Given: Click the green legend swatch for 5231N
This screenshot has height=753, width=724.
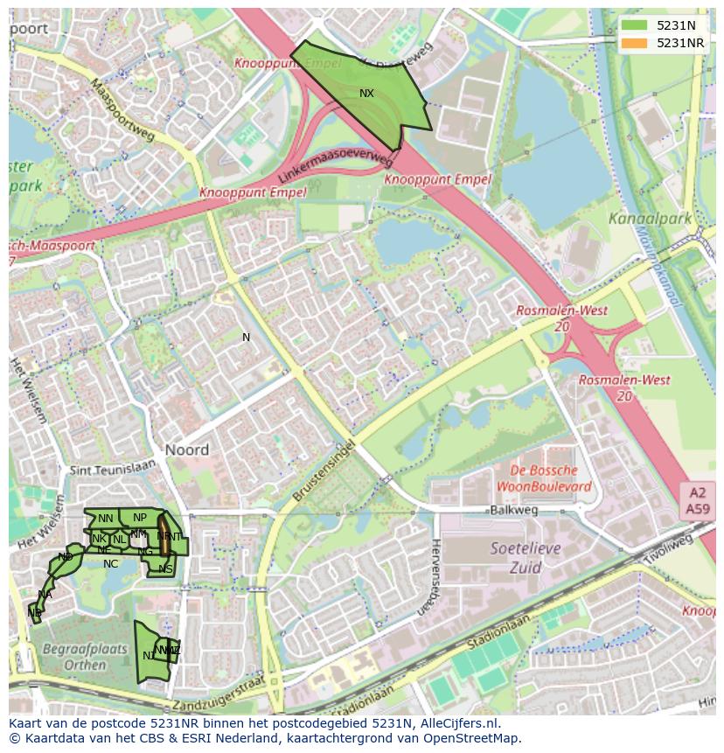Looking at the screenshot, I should (x=635, y=25).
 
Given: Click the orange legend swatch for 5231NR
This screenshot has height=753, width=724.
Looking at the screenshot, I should (x=635, y=43).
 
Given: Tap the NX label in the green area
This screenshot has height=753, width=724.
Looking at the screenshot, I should (x=366, y=93).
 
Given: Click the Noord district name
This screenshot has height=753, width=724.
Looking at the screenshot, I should (x=186, y=450).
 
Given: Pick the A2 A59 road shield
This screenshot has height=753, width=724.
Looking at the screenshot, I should (x=697, y=501).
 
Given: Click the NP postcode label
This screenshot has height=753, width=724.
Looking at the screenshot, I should (x=140, y=517).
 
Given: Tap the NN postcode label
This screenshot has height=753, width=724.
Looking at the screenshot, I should (x=105, y=519).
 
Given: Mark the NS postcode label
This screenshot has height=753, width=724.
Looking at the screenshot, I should (x=165, y=569).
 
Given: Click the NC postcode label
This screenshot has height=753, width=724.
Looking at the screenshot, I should (x=110, y=564).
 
